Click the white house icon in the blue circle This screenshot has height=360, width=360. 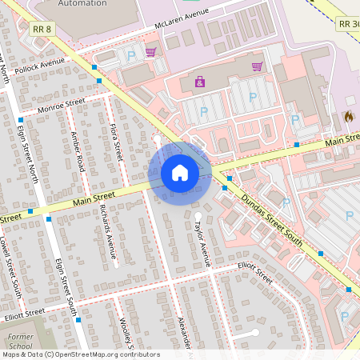[x=180, y=172]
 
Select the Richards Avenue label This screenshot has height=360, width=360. [x=108, y=231]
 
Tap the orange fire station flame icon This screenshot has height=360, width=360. [x=349, y=116]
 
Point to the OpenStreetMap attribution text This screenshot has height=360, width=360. [x=80, y=354]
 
